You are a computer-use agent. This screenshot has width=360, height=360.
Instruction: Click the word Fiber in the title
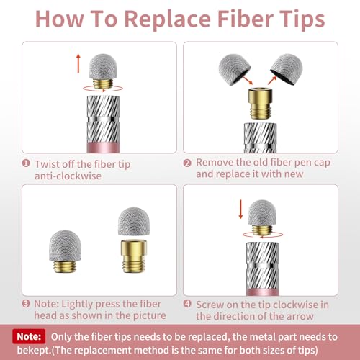246,19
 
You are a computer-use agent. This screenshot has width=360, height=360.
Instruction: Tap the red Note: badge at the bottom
29,336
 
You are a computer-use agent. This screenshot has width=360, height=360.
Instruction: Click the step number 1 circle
26,163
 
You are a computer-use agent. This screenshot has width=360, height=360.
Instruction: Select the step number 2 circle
187,163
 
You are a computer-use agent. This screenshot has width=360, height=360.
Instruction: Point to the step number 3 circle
26,304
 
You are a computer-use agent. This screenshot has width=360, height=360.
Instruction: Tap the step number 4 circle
187,304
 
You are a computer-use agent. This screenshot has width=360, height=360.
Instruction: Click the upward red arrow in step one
78,63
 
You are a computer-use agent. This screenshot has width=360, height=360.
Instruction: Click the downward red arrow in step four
240,210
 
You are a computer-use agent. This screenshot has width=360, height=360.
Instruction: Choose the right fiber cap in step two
287,69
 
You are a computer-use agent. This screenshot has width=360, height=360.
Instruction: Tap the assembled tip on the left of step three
65,251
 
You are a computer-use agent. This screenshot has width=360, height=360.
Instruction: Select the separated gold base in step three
134,256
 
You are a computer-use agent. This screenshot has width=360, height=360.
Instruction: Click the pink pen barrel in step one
103,148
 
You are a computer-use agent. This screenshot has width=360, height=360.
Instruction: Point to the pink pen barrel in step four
263,292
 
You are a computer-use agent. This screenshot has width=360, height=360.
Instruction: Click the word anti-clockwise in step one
68,176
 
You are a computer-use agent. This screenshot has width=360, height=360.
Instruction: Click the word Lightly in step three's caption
77,305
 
